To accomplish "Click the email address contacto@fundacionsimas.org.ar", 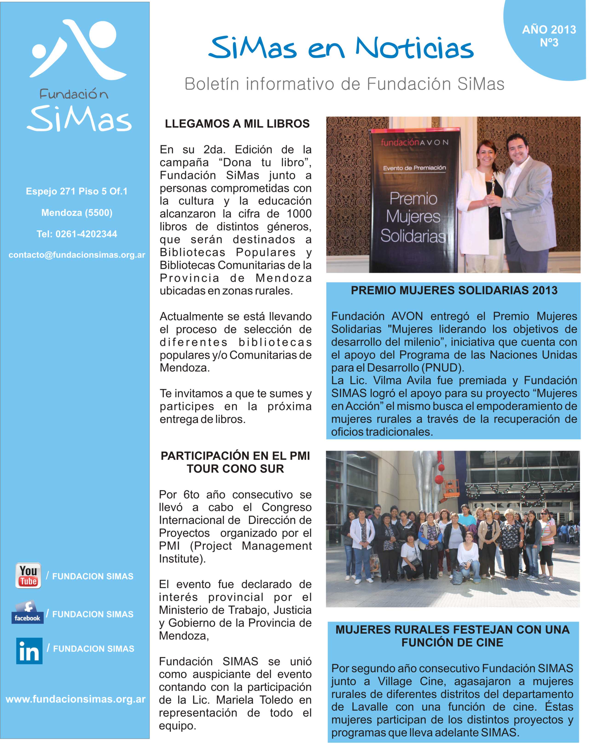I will pyautogui.click(x=77, y=255).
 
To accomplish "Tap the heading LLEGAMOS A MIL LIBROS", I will pyautogui.click(x=237, y=124).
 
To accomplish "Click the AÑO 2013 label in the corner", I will pyautogui.click(x=549, y=30).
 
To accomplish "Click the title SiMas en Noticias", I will pyautogui.click(x=341, y=48).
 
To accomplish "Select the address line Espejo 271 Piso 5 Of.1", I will pyautogui.click(x=77, y=191).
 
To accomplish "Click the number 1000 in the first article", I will pyautogui.click(x=299, y=214).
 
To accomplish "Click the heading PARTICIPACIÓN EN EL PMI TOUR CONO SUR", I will pyautogui.click(x=235, y=462).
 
